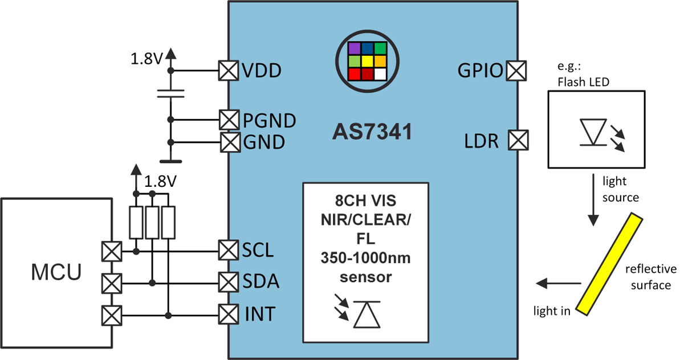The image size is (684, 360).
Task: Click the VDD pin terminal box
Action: (229, 71)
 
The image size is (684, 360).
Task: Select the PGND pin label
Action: (270, 120)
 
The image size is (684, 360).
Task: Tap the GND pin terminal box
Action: (229, 141)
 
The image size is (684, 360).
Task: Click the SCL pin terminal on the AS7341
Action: (229, 249)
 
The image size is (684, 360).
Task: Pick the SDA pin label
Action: (261, 281)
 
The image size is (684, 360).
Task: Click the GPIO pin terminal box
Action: (516, 71)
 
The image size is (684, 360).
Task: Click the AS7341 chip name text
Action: (372, 133)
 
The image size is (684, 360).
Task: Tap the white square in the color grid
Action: (380, 73)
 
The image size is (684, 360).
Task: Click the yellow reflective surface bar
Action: (607, 263)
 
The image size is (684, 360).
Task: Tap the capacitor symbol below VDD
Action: (169, 94)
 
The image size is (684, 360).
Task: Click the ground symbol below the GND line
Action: (169, 161)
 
